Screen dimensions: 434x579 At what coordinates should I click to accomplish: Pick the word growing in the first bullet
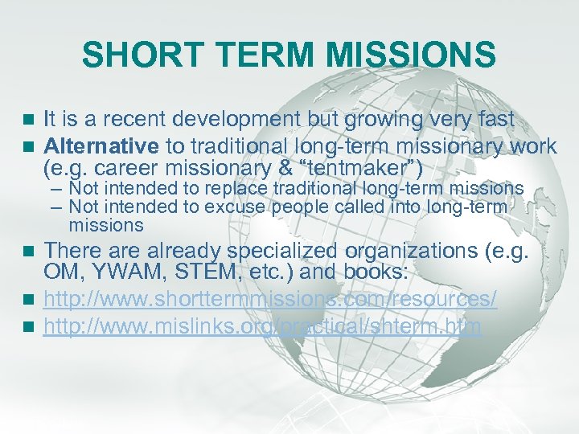click(x=385, y=120)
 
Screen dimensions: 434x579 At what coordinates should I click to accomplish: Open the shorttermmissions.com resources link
click(x=269, y=300)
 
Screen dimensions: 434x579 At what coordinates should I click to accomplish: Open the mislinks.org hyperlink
click(x=261, y=326)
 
